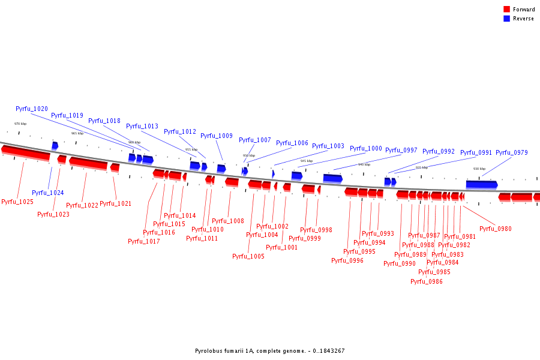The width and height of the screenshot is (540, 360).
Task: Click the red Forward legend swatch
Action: (x=506, y=9)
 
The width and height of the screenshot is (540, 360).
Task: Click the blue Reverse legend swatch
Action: (x=506, y=19)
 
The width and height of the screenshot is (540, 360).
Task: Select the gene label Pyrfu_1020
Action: (x=32, y=109)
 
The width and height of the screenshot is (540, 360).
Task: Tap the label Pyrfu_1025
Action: (x=17, y=202)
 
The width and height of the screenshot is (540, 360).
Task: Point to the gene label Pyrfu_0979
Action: (x=512, y=152)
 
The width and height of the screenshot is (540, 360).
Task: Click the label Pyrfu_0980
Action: (x=496, y=229)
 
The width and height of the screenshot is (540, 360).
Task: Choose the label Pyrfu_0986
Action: (x=427, y=281)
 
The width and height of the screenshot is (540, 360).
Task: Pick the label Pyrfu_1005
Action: (x=248, y=256)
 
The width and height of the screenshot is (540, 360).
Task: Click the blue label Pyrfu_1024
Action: (x=48, y=193)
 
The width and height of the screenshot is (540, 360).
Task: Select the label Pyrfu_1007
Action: (x=255, y=140)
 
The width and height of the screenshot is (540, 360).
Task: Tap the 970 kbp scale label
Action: (x=20, y=124)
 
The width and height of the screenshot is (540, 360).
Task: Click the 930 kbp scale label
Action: (x=479, y=169)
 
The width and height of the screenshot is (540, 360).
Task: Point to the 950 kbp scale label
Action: (x=248, y=155)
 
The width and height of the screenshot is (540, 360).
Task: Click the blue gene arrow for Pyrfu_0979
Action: (x=482, y=185)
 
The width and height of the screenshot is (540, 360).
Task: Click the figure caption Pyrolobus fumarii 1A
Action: (x=270, y=351)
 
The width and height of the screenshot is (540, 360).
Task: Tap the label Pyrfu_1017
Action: (x=144, y=241)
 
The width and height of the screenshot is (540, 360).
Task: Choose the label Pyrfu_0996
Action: (x=347, y=260)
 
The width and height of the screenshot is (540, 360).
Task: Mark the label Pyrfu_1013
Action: (x=142, y=126)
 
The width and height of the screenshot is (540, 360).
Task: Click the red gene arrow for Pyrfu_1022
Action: (x=88, y=162)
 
